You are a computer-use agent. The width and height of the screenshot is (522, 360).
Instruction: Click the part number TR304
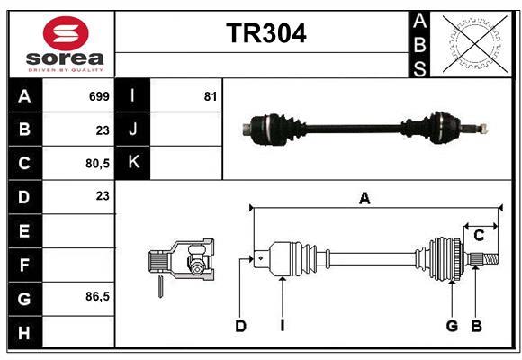pos(265,33)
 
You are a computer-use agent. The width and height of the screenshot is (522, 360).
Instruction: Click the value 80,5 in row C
pos(96,163)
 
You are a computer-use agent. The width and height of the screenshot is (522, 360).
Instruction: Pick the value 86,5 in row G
pos(96,296)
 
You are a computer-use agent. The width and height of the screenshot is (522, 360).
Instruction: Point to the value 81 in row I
pos(211,96)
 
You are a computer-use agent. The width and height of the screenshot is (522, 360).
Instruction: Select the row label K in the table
pos(134,163)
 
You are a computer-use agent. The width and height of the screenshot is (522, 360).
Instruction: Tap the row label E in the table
pos(24,231)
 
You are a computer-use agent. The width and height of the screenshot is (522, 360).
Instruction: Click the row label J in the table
pos(134,130)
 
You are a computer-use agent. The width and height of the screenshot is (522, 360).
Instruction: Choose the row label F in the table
pos(24,265)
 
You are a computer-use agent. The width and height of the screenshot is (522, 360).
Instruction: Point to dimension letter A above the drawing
pos(364,199)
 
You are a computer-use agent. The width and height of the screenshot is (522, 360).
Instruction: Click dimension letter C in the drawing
pos(480,236)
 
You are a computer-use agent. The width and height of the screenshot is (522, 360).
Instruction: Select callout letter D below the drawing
pos(240,326)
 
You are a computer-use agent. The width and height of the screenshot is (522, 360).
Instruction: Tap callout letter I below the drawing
pos(282,326)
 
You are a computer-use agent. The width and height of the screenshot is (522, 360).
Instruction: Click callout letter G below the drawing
pos(452,326)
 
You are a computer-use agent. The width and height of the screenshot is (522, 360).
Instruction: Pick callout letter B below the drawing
pos(477,326)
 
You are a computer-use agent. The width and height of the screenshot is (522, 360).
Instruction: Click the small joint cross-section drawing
pos(182,265)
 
